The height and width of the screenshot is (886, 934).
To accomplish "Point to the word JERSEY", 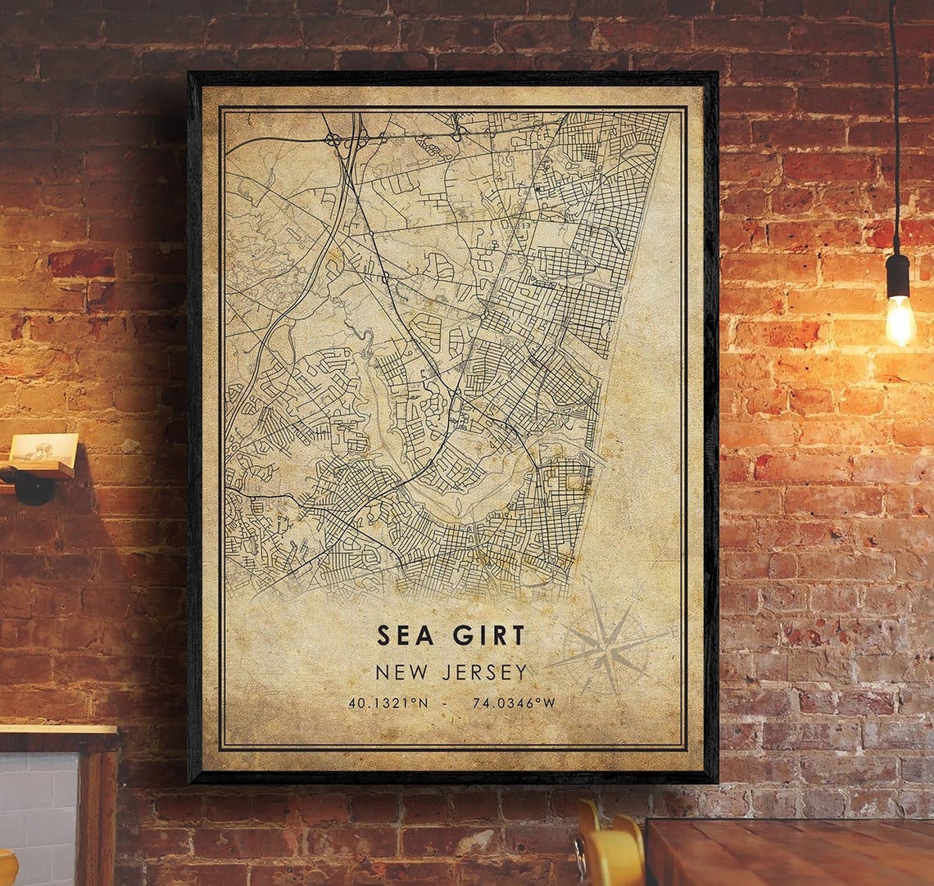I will point(487,673).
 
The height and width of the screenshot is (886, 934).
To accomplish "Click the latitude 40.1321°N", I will point(388,703).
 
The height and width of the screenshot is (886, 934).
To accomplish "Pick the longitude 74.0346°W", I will point(514,703).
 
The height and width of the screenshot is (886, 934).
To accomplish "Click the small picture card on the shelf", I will point(44,451).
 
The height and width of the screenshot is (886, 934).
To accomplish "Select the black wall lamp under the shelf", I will point(30,485).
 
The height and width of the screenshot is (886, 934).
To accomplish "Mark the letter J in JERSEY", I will point(446,673).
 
